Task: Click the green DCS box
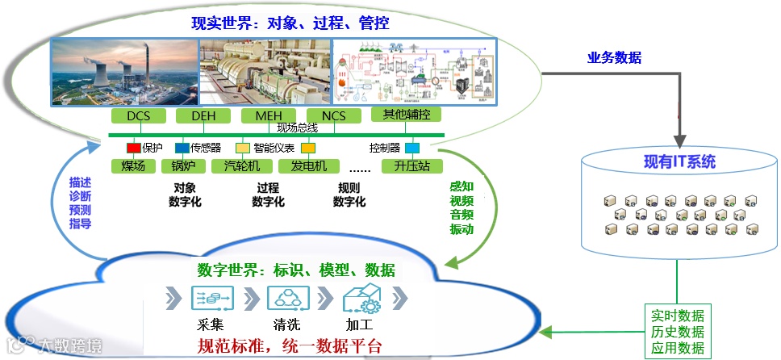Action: [139, 116]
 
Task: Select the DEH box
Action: [203, 116]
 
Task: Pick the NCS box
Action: [333, 116]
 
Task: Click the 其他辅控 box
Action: [404, 115]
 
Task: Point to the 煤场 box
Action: [133, 166]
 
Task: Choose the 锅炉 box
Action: [184, 166]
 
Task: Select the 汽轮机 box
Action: [242, 166]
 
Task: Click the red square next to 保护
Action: [134, 149]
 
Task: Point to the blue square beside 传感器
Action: [182, 149]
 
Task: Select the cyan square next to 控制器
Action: [411, 149]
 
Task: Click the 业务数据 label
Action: [614, 58]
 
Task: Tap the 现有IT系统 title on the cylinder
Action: [679, 161]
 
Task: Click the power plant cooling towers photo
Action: [124, 72]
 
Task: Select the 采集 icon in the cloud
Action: [205, 299]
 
